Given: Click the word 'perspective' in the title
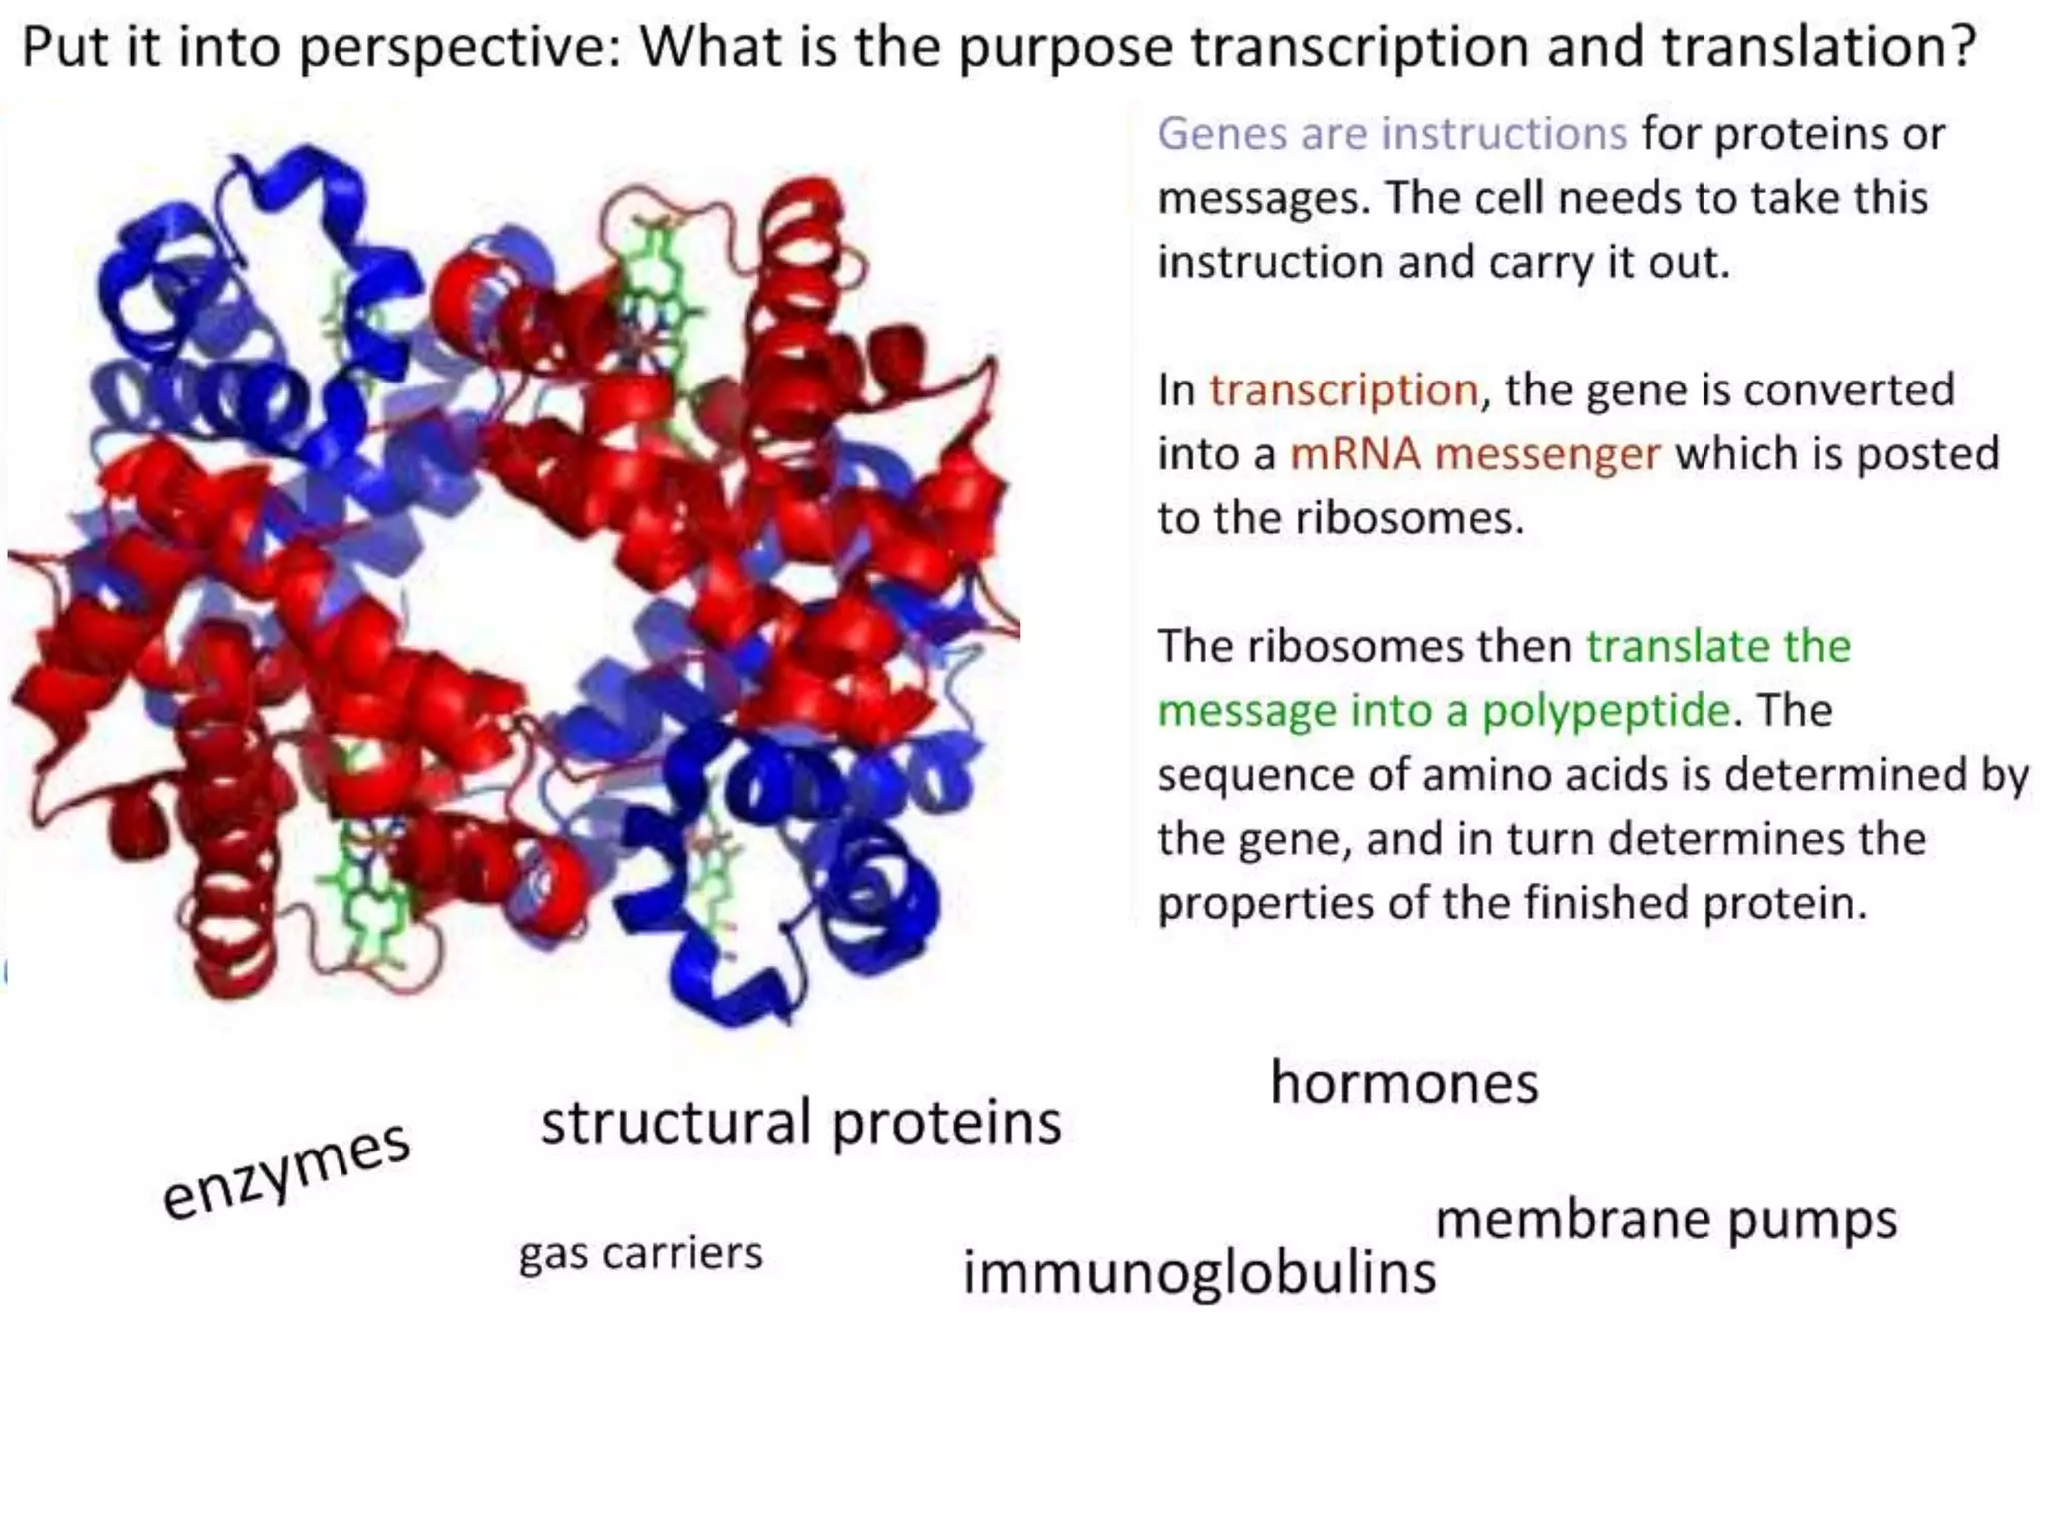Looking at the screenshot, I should tap(460, 47).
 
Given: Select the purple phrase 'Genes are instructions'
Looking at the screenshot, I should tap(1392, 133).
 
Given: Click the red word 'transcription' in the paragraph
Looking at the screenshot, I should tap(1343, 389).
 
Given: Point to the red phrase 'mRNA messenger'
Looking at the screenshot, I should tap(1475, 454).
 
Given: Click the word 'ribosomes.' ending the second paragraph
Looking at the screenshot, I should tap(1409, 518).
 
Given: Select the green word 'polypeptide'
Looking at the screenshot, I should tap(1605, 711).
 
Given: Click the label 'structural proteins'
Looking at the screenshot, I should tap(801, 1122).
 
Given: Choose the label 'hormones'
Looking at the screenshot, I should tap(1404, 1083).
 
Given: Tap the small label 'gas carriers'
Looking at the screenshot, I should tap(640, 1253).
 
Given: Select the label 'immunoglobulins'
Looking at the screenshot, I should tap(1198, 1273).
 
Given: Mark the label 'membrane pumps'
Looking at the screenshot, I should tap(1666, 1220).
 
